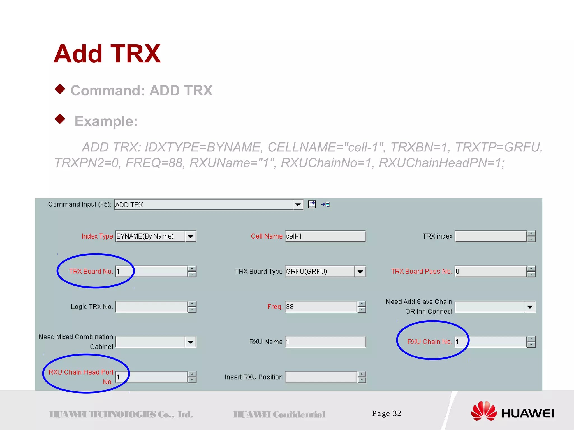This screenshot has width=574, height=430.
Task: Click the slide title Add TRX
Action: (x=107, y=54)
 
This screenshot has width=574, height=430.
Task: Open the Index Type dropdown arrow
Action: (x=191, y=237)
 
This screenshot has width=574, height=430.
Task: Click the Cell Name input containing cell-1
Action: (x=325, y=237)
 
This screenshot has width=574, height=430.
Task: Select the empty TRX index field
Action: (x=490, y=237)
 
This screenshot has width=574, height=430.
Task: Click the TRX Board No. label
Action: (x=91, y=272)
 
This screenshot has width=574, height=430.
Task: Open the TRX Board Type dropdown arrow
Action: (x=360, y=272)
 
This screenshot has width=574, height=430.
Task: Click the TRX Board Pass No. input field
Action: (x=490, y=272)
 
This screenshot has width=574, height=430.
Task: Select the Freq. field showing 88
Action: (x=321, y=307)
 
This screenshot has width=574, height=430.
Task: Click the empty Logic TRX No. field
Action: (x=151, y=307)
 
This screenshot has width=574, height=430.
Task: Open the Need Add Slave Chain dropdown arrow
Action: (x=530, y=307)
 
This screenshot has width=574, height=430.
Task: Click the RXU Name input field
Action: (x=325, y=342)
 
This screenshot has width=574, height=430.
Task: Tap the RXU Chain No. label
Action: (x=429, y=342)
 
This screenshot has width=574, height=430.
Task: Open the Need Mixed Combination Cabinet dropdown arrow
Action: (x=191, y=342)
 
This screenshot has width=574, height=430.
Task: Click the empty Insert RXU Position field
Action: (x=321, y=377)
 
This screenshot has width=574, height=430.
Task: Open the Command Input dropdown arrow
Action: (x=298, y=205)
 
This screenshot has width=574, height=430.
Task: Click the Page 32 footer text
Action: (x=386, y=413)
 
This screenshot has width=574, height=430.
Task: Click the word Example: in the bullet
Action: (x=106, y=121)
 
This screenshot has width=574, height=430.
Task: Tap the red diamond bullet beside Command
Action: (x=60, y=89)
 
